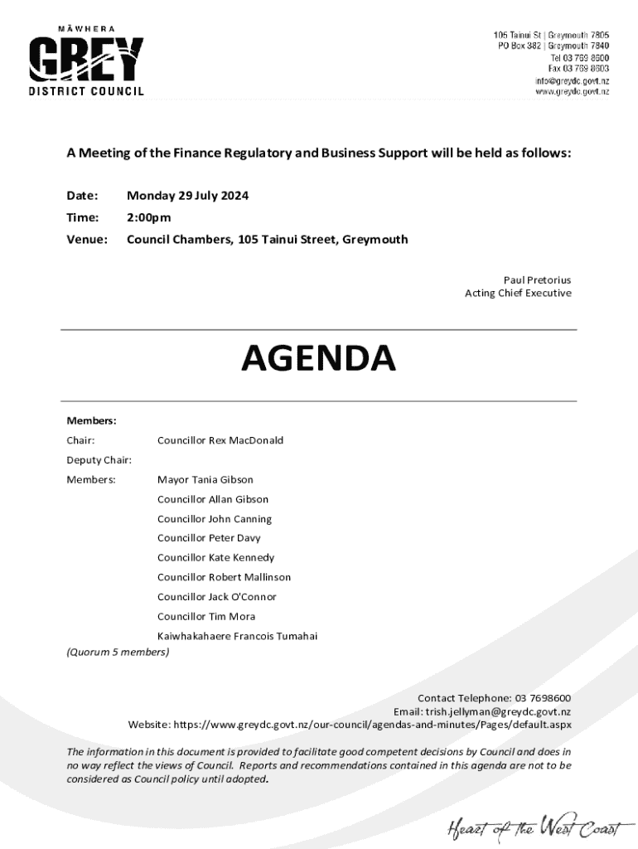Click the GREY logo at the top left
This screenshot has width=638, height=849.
coord(86,60)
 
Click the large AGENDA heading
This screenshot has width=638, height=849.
coord(319,358)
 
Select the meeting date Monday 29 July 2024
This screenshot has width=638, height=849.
coord(187,196)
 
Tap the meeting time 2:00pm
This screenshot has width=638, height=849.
coord(148,218)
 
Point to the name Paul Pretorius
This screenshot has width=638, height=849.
coord(537,280)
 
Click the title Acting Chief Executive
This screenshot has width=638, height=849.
coord(518,294)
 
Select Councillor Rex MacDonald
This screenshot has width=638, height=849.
coord(220,440)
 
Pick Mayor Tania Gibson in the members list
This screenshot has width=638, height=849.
coord(205,480)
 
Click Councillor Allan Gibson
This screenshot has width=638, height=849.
coord(212,499)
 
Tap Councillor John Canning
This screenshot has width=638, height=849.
coord(214,519)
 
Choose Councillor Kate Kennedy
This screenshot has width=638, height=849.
coord(215,558)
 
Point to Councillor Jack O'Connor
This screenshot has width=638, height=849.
coord(216,597)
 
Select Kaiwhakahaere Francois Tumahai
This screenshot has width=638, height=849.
coord(237,637)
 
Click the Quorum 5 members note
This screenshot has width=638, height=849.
coord(118,653)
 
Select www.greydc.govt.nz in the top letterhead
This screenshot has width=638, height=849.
coord(572,92)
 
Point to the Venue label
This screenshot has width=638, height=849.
coord(87,240)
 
